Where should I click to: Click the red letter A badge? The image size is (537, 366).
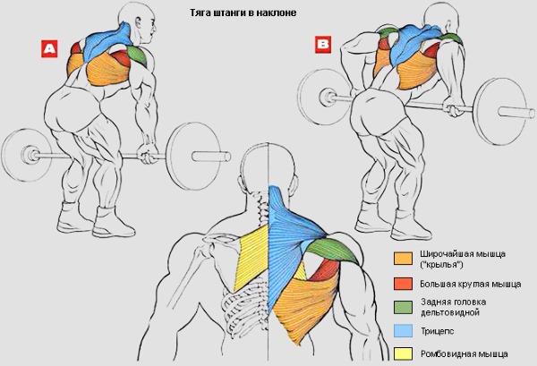tap(48, 47)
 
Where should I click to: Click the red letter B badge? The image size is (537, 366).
tap(323, 42)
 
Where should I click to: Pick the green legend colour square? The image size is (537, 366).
tap(403, 308)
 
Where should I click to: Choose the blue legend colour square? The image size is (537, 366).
tap(403, 331)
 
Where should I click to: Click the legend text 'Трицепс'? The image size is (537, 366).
tap(436, 331)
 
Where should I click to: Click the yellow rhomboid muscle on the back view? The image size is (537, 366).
tap(251, 255)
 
